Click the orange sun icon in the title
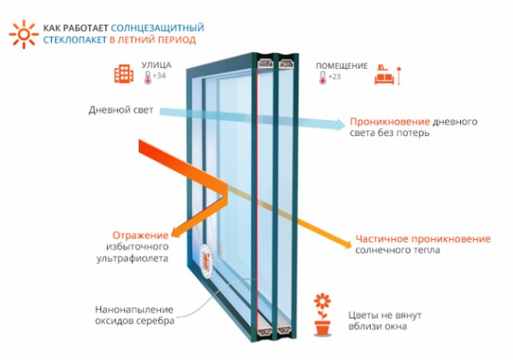pyautogui.click(x=24, y=34)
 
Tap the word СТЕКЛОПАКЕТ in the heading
pyautogui.click(x=75, y=40)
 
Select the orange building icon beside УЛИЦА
pyautogui.click(x=124, y=73)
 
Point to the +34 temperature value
pyautogui.click(x=159, y=76)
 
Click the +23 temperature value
pyautogui.click(x=334, y=76)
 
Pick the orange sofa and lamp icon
pyautogui.click(x=388, y=75)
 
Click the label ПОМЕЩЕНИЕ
pyautogui.click(x=342, y=66)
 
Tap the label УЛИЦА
pyautogui.click(x=157, y=65)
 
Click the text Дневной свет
pyautogui.click(x=121, y=110)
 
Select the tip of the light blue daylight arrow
pyautogui.click(x=345, y=125)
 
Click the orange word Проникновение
pyautogui.click(x=390, y=122)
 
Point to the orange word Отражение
pyautogui.click(x=141, y=235)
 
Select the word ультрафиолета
pyautogui.click(x=132, y=258)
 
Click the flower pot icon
pyautogui.click(x=323, y=314)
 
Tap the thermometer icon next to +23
pyautogui.click(x=323, y=77)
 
